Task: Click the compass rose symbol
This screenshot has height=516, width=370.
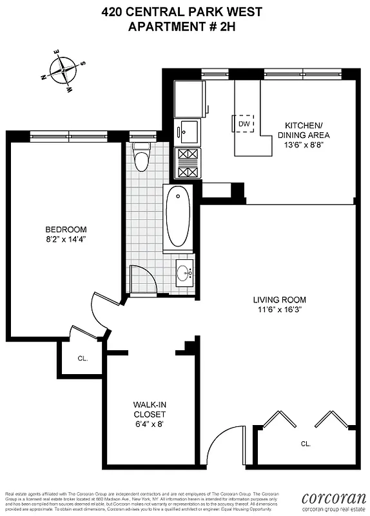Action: (x=64, y=69)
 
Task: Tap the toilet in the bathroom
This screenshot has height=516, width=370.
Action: (x=141, y=155)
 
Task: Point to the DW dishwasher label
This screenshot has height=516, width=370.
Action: (x=244, y=124)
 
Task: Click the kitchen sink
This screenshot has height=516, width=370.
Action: (x=188, y=132)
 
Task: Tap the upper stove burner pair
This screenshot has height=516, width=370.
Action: (x=188, y=155)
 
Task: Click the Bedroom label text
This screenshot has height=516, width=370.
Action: (x=66, y=230)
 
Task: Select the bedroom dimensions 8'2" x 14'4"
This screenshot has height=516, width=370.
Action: (x=66, y=239)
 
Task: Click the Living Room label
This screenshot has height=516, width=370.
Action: (x=279, y=300)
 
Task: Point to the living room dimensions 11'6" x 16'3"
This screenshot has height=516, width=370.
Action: (x=279, y=310)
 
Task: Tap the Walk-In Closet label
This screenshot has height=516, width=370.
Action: (x=150, y=409)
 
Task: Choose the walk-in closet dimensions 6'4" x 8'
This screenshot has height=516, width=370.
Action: (x=150, y=424)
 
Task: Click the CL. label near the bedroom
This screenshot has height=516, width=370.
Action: (x=83, y=358)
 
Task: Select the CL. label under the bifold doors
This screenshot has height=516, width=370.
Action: (x=306, y=444)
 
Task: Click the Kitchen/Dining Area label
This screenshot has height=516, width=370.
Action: (x=304, y=130)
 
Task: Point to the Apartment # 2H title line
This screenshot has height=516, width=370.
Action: (x=185, y=26)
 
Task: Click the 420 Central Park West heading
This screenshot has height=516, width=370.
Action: (x=185, y=12)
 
